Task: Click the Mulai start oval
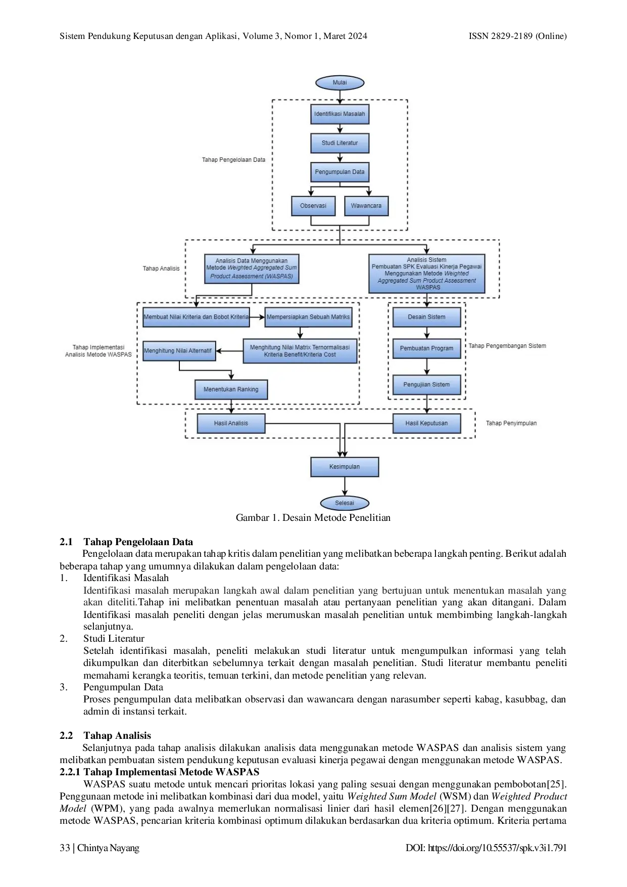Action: (340, 82)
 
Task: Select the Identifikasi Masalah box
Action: (340, 114)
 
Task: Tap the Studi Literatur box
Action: (340, 143)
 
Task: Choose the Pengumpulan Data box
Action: (340, 172)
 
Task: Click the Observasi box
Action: (313, 206)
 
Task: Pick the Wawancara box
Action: (366, 206)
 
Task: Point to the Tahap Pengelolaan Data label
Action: (233, 160)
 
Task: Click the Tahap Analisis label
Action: (161, 269)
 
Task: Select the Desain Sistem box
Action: (426, 317)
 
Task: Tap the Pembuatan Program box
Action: (426, 348)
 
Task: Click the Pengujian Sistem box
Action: (426, 385)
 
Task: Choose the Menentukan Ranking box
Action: (231, 389)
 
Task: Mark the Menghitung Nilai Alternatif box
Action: (179, 350)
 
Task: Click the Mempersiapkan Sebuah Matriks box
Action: (308, 317)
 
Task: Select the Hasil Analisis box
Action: (231, 423)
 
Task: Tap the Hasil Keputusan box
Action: (426, 423)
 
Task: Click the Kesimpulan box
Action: (345, 467)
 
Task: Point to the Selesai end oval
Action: (345, 503)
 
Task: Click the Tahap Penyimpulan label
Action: (511, 423)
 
